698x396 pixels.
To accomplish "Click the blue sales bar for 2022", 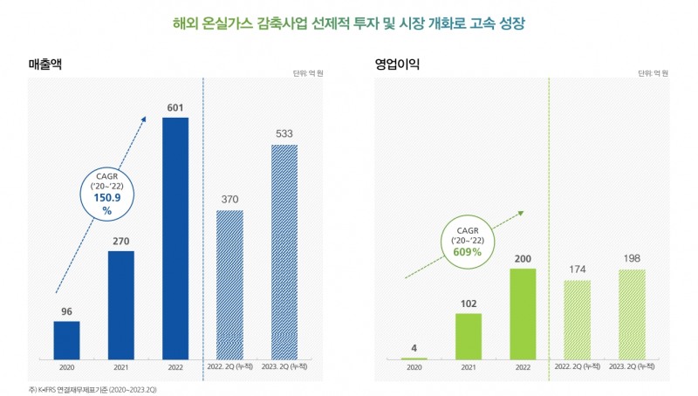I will tap(175, 237).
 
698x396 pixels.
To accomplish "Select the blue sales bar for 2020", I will tap(67, 340).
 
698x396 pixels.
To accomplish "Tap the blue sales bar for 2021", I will tap(121, 304).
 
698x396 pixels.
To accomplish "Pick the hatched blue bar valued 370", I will tap(230, 284).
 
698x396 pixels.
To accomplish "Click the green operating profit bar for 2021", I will tap(469, 336).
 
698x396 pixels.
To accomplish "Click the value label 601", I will tap(175, 108).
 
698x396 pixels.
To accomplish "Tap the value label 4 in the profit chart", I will tap(414, 348).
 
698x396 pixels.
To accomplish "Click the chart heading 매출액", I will tap(44, 64).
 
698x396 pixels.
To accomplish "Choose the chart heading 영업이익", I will tap(398, 64).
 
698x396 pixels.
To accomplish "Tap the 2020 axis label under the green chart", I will tap(414, 368).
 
